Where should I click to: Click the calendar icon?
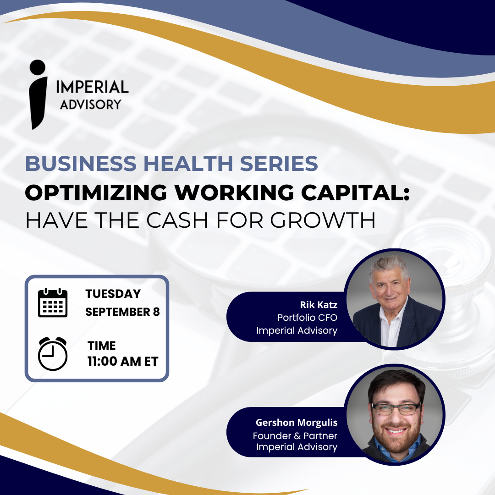(x=53, y=302)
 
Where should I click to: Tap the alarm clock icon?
(x=53, y=353)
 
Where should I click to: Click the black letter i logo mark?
(x=38, y=94)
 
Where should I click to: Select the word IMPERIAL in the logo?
(x=92, y=87)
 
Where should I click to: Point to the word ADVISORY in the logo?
(x=91, y=104)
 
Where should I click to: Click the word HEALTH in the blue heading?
(x=188, y=164)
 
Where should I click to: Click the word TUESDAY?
(x=113, y=294)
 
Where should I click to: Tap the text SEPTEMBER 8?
(x=122, y=312)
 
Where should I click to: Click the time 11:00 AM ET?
(x=123, y=362)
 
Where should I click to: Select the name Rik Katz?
(x=319, y=305)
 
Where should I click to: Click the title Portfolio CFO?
(x=307, y=318)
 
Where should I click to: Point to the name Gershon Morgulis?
(x=297, y=423)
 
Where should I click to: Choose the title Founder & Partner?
(x=295, y=436)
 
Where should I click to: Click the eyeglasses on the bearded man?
(x=396, y=409)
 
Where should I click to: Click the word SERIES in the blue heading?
(x=279, y=164)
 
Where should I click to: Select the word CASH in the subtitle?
(x=177, y=220)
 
